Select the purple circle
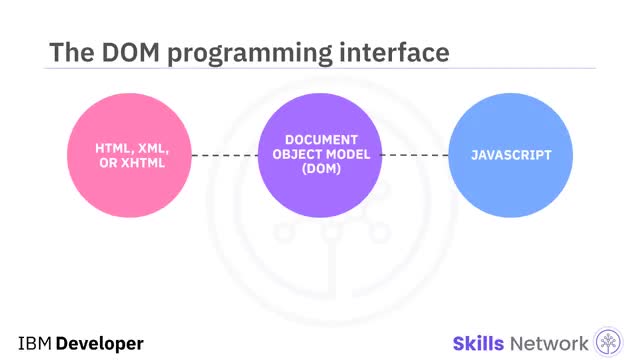pyautogui.click(x=321, y=185)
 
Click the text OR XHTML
pyautogui.click(x=130, y=163)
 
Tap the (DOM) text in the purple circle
pyautogui.click(x=321, y=169)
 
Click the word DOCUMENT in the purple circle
pyautogui.click(x=321, y=141)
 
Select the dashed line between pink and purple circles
pyautogui.click(x=225, y=156)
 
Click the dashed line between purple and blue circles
pyautogui.click(x=416, y=156)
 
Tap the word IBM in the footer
pyautogui.click(x=34, y=343)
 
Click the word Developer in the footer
pyautogui.click(x=100, y=343)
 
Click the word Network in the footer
pyautogui.click(x=552, y=343)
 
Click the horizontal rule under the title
pyautogui.click(x=320, y=69)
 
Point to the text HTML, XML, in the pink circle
pyautogui.click(x=130, y=147)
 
